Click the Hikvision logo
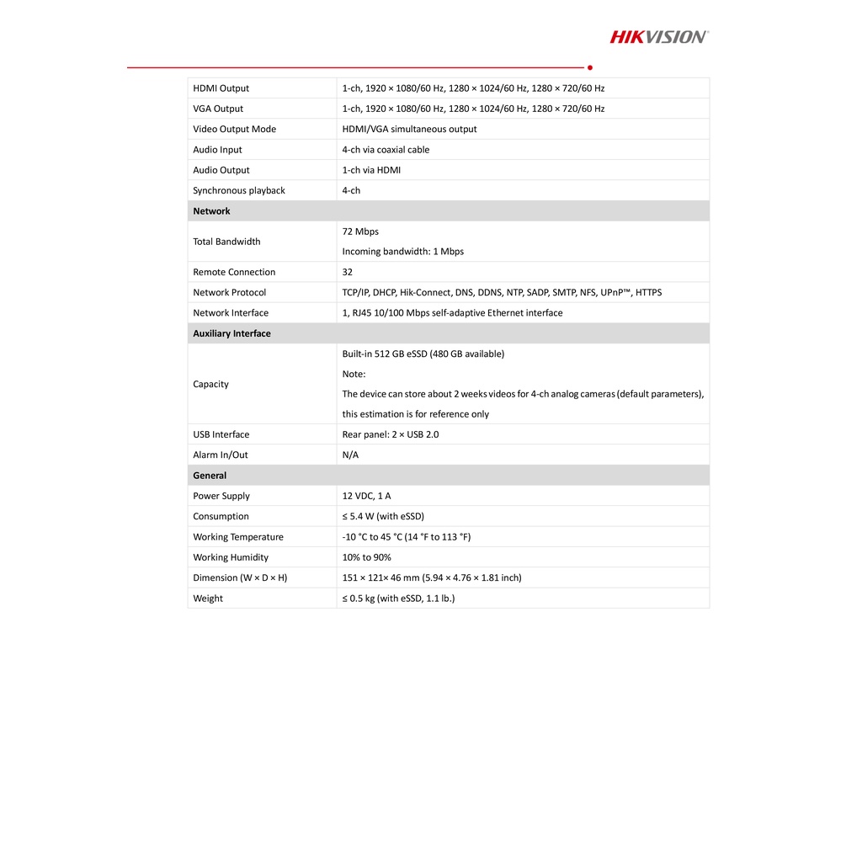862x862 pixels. pyautogui.click(x=659, y=36)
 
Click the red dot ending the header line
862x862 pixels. pyautogui.click(x=590, y=67)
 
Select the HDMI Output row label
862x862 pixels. pyautogui.click(x=221, y=88)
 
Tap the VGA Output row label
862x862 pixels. pyautogui.click(x=218, y=109)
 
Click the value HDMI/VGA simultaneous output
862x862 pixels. pyautogui.click(x=409, y=130)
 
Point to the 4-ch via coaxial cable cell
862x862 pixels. pyautogui.click(x=386, y=150)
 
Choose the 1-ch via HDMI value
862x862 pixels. pyautogui.click(x=371, y=170)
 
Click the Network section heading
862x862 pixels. pyautogui.click(x=211, y=211)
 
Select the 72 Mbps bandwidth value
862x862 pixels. pyautogui.click(x=360, y=231)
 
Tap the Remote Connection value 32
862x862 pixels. pyautogui.click(x=348, y=272)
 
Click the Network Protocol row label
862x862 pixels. pyautogui.click(x=229, y=292)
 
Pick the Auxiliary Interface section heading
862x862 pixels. pyautogui.click(x=231, y=333)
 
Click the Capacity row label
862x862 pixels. pyautogui.click(x=210, y=384)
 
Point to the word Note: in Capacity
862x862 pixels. pyautogui.click(x=354, y=374)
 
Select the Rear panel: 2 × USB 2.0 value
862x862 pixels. pyautogui.click(x=390, y=434)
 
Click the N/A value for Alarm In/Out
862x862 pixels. pyautogui.click(x=350, y=455)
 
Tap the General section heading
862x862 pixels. pyautogui.click(x=210, y=476)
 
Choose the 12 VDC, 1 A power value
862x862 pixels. pyautogui.click(x=366, y=496)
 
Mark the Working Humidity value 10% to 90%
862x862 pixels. pyautogui.click(x=366, y=557)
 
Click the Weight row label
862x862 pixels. pyautogui.click(x=208, y=599)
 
